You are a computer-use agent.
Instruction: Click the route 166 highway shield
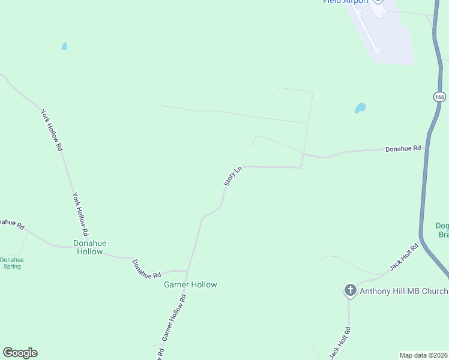click(x=439, y=97)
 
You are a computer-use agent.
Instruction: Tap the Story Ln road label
click(x=232, y=176)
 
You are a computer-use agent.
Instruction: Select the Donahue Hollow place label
click(x=90, y=247)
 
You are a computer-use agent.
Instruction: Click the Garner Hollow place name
click(x=190, y=284)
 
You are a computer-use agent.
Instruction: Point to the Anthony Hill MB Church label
click(x=403, y=292)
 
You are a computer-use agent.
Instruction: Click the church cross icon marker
click(x=350, y=291)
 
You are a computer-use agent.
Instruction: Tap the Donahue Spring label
click(x=11, y=263)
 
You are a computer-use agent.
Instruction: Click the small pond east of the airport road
click(x=360, y=109)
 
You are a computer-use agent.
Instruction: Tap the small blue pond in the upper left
click(x=64, y=46)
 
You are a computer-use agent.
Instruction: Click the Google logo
click(x=20, y=353)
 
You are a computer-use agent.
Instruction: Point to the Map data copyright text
click(x=423, y=355)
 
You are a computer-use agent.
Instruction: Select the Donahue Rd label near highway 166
click(x=403, y=148)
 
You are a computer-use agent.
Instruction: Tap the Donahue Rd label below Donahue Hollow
click(x=146, y=269)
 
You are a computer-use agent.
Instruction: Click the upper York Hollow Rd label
click(x=52, y=129)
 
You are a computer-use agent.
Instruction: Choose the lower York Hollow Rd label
click(x=80, y=214)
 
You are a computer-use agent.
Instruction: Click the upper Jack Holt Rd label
click(x=403, y=257)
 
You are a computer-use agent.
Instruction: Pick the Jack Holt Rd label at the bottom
click(x=340, y=343)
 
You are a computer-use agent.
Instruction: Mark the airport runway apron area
click(x=390, y=36)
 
